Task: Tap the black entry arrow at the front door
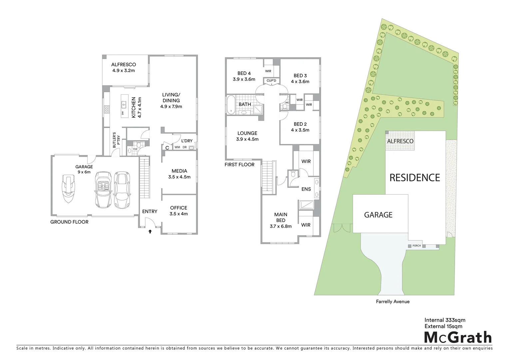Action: point(150,231)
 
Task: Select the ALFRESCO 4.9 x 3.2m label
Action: point(124,68)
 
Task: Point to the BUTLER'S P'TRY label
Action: point(116,140)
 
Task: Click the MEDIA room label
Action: point(179,174)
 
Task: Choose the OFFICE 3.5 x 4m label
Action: point(179,211)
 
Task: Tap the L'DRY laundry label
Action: point(187,141)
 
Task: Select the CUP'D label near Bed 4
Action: point(271,81)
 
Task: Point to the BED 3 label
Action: point(300,79)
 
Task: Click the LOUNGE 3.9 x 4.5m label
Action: point(247,136)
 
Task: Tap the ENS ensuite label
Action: point(306,189)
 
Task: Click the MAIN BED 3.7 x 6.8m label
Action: point(280,220)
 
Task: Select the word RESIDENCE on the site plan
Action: point(415,178)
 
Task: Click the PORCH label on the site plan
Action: point(416,246)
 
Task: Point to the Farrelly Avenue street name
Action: point(392,302)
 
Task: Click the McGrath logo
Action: point(458,337)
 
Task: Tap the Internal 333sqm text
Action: point(445,320)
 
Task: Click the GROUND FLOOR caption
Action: point(69,222)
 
